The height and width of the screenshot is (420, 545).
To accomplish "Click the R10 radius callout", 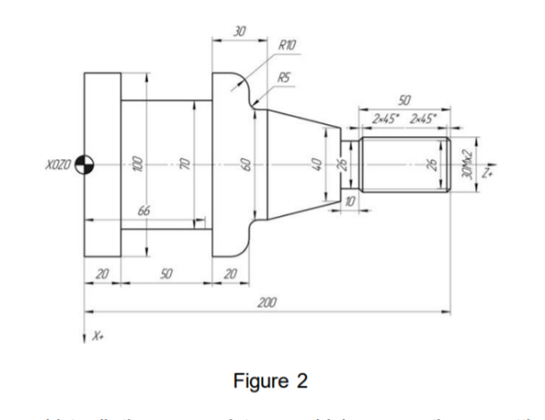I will point(287,44).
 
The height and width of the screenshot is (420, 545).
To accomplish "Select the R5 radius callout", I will point(285,80).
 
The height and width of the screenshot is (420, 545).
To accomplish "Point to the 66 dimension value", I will point(143,212).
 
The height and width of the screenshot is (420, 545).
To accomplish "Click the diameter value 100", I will point(134,164).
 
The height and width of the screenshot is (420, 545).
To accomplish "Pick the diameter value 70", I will point(185,164).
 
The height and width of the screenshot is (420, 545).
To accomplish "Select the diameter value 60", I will point(245,164).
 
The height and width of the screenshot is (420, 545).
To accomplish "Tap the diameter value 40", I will point(317,164).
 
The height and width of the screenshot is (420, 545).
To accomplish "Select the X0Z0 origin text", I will point(58,165).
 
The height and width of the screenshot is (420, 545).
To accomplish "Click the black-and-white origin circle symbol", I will point(85,165).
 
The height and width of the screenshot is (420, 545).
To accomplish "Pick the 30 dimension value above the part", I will point(239,31).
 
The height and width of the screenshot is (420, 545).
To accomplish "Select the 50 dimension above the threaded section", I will point(404,99).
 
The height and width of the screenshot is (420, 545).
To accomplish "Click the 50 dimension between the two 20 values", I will point(166,274).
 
